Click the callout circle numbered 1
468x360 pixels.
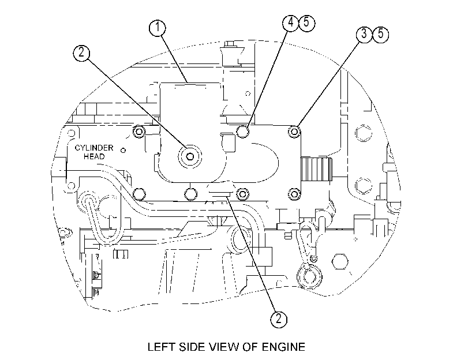click(158, 28)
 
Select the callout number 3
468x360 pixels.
click(364, 33)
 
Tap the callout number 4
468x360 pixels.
click(290, 22)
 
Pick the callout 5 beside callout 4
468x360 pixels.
click(306, 22)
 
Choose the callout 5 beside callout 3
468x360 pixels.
click(380, 33)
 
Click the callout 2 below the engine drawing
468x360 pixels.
click(279, 319)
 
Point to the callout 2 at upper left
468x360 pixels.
click(81, 53)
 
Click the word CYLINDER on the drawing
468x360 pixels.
click(94, 148)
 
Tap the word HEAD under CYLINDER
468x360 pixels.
click(94, 156)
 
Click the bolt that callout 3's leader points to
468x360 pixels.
click(294, 132)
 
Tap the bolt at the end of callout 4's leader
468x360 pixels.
click(242, 132)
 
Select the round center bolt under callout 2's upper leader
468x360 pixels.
click(189, 156)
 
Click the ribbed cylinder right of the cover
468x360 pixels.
click(317, 169)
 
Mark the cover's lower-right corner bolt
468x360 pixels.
click(294, 194)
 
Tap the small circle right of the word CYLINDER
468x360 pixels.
click(123, 150)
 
